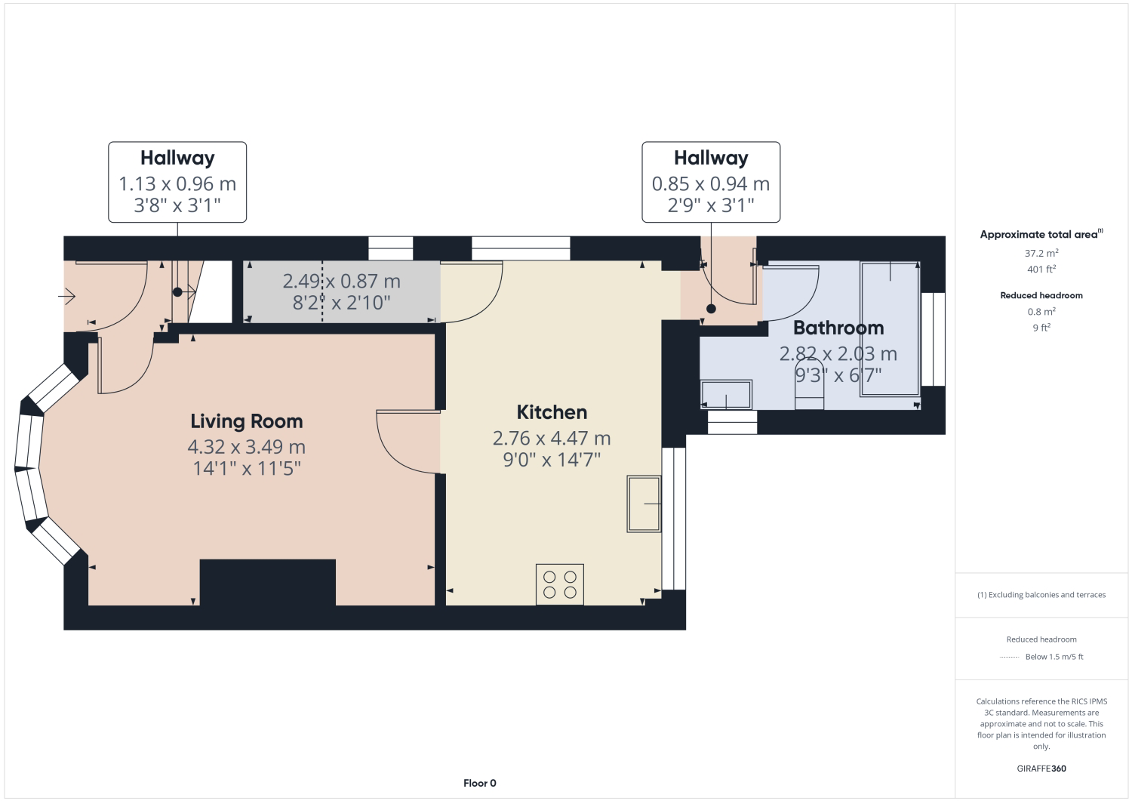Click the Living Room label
tap(247, 421)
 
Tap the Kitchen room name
tap(552, 412)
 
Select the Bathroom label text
tap(838, 328)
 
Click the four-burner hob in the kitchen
tap(560, 584)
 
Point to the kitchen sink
tap(644, 504)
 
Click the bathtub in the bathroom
tap(890, 328)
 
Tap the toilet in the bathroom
tap(810, 384)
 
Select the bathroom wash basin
tap(726, 394)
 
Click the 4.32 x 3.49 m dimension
tap(247, 447)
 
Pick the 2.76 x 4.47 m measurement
tap(552, 438)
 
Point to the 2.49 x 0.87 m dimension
tap(342, 281)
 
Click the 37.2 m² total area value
tap(1041, 253)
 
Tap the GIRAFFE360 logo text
tap(1041, 769)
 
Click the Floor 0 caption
tap(479, 784)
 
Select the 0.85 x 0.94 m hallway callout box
tap(711, 182)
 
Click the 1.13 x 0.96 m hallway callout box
tap(177, 182)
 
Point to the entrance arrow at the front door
tap(66, 296)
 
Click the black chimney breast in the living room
tap(268, 582)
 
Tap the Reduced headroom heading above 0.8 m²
tap(1041, 295)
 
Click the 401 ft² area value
tap(1041, 269)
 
